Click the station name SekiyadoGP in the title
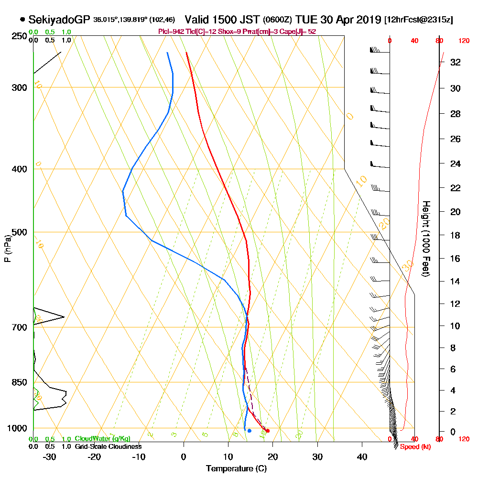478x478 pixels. point(59,20)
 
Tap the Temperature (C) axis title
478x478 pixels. point(236,468)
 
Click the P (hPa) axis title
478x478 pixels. point(7,249)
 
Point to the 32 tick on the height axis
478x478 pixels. point(455,62)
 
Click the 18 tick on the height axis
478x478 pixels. point(455,235)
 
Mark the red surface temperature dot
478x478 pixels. point(267,431)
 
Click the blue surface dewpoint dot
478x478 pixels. point(249,431)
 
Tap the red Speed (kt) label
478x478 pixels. point(412,447)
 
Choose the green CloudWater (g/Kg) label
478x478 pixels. point(102,439)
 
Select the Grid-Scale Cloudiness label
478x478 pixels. point(108,446)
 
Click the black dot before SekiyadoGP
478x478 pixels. point(22,20)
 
